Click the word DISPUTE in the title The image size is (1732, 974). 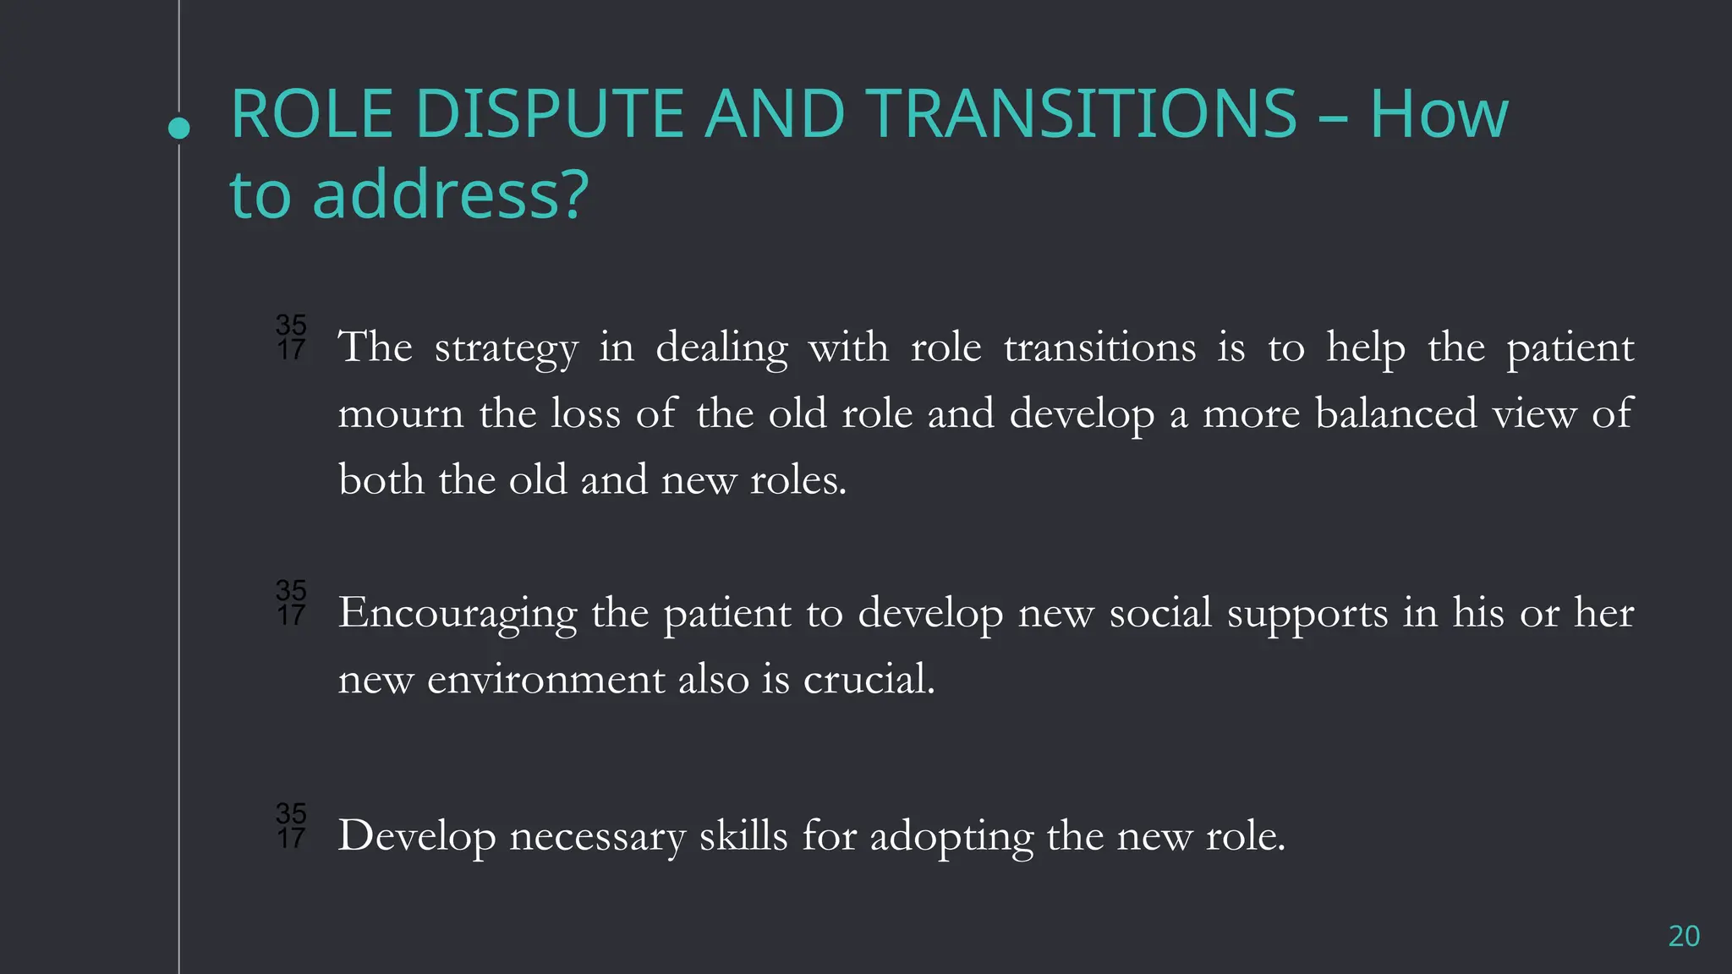point(549,114)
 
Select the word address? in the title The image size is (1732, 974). point(450,195)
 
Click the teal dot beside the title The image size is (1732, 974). point(178,129)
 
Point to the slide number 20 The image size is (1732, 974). point(1683,936)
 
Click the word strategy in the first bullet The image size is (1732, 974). point(506,348)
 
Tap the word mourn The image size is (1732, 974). point(401,414)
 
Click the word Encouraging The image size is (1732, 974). point(457,614)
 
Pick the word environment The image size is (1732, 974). point(545,680)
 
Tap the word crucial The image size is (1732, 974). point(869,680)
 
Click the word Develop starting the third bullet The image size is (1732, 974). point(416,837)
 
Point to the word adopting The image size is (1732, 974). point(951,837)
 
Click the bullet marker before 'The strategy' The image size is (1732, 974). point(291,337)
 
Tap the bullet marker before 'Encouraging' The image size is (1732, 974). point(291,603)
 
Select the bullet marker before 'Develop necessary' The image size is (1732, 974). point(291,826)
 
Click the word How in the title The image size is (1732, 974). point(1439,114)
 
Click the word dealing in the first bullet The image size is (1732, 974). point(721,348)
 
